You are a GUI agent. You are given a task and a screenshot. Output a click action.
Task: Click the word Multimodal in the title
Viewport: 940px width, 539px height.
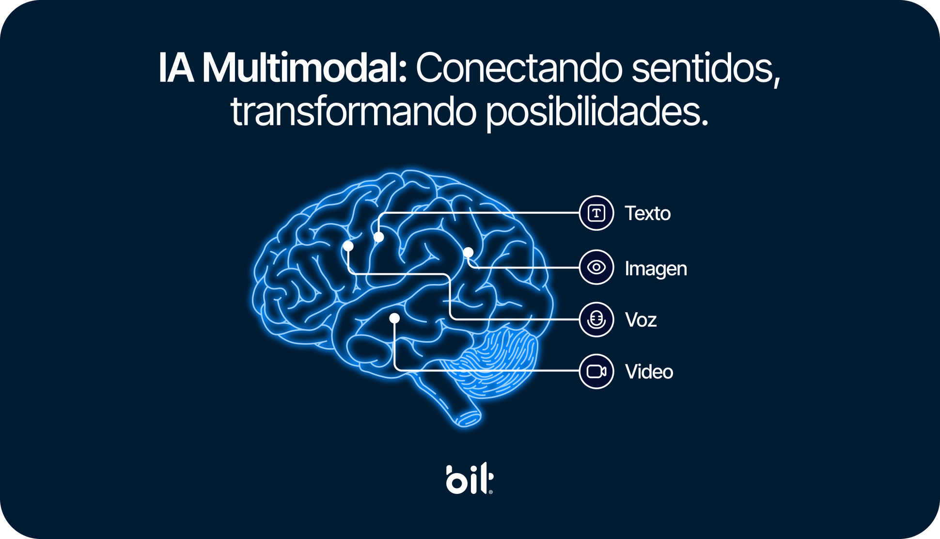(x=304, y=68)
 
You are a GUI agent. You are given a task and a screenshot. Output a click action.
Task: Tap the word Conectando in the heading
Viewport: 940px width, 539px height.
(x=519, y=68)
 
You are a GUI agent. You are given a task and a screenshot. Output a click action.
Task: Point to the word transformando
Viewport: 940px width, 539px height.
(x=353, y=112)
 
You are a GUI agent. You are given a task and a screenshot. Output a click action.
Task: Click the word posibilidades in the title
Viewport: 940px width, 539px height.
(x=596, y=112)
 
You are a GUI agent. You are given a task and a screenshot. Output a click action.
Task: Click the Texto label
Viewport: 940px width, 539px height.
(x=647, y=213)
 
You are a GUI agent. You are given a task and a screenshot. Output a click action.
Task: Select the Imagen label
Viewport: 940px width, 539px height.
(x=656, y=269)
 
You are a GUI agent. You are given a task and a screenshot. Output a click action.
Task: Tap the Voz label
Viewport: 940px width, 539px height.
(x=641, y=320)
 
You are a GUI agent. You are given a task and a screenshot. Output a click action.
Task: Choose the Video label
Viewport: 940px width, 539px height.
(x=649, y=372)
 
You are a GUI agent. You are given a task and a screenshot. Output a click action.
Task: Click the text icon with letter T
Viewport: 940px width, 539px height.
(x=596, y=213)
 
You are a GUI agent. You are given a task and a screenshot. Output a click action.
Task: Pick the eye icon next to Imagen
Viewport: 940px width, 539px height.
(x=596, y=267)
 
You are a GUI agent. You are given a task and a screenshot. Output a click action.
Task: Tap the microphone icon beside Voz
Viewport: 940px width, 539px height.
(x=596, y=319)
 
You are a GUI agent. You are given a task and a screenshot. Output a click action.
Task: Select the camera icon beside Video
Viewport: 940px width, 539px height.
(x=596, y=371)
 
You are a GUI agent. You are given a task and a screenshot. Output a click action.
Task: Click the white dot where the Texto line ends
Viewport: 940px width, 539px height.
(x=379, y=237)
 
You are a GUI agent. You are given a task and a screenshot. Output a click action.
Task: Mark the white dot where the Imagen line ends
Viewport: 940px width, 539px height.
(x=468, y=253)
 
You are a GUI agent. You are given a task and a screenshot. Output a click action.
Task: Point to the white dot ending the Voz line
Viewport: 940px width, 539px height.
(x=348, y=246)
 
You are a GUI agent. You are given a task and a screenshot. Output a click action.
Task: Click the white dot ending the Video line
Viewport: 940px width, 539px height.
(x=394, y=318)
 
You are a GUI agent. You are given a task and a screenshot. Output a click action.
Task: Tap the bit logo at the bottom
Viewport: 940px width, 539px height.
(x=470, y=479)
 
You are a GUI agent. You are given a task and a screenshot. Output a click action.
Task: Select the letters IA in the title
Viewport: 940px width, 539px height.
(x=176, y=68)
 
